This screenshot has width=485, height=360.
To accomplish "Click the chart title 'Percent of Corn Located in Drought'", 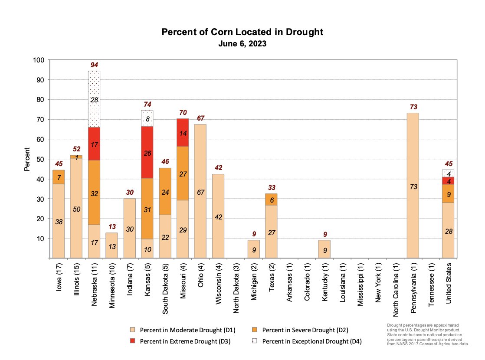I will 242,33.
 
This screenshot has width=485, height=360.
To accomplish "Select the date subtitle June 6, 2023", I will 242,44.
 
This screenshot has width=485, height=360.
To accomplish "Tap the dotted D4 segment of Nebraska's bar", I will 94,99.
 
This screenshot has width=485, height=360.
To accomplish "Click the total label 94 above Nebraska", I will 94,65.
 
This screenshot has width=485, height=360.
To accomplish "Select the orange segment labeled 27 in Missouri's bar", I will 182,173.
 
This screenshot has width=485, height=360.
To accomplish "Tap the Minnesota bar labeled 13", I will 111,245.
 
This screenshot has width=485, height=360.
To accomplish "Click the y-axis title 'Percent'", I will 27,159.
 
